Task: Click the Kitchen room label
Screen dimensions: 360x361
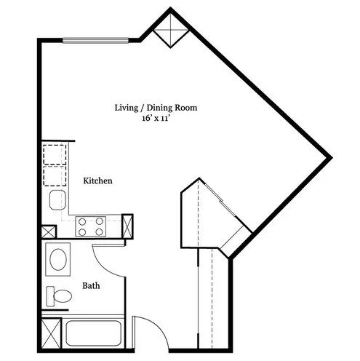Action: pos(97,180)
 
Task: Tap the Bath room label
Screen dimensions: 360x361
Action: pos(91,285)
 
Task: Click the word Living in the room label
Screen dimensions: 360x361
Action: pos(126,108)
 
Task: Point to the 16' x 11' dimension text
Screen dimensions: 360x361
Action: pos(155,119)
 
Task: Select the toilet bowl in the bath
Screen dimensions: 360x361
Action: pos(63,296)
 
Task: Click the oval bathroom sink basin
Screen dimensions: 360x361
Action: pos(58,259)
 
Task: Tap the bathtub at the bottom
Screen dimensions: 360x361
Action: pos(94,333)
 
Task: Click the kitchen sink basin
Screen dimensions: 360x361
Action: pos(57,200)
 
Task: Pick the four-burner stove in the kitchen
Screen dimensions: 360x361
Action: pos(91,226)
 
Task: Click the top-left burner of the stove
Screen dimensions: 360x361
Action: pos(82,221)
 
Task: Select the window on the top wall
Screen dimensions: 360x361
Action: pos(95,41)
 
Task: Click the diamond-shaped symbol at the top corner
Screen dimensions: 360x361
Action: pos(171,31)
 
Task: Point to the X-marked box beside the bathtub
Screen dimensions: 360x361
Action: pos(51,333)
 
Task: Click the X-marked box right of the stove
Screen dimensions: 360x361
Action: pos(127,226)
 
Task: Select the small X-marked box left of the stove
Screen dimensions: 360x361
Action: pos(49,231)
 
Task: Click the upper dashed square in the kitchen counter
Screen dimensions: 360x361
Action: pos(55,155)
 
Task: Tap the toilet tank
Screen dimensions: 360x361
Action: pos(50,296)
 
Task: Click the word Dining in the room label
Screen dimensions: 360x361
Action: pos(160,108)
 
